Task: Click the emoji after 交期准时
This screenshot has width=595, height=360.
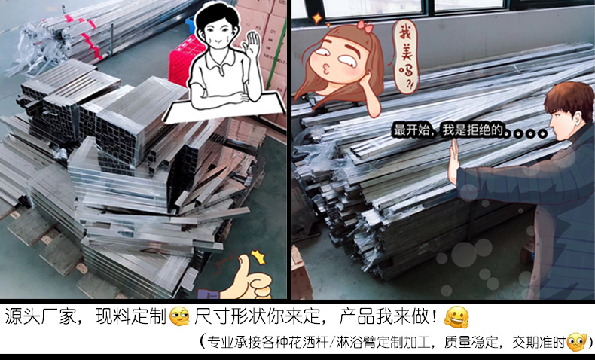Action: pos(577,341)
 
